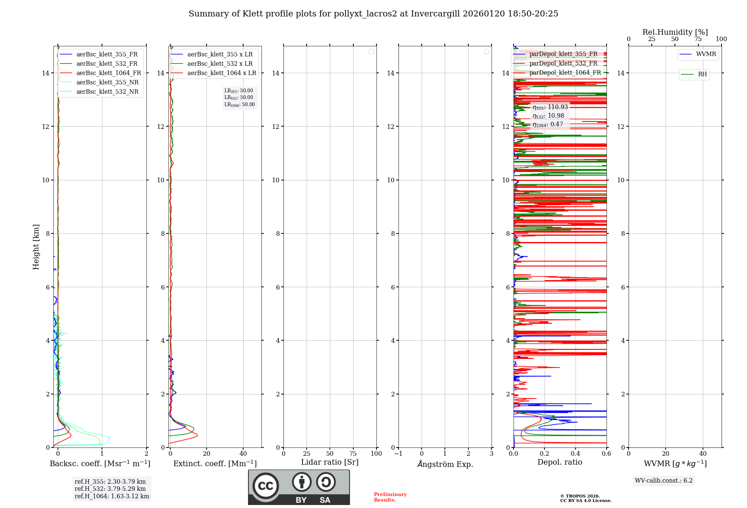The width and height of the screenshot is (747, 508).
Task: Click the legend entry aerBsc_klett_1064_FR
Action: tap(109, 73)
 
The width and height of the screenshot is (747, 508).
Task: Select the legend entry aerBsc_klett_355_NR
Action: tap(107, 83)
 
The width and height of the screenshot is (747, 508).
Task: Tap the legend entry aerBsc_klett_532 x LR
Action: tap(220, 64)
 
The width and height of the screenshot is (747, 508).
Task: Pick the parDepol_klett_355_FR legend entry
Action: tap(563, 54)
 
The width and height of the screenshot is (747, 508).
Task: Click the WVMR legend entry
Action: tap(706, 54)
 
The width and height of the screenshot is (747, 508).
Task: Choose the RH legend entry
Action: tap(702, 74)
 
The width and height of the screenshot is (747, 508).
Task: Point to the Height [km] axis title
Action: tap(36, 247)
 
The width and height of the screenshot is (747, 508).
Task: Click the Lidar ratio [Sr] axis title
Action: tap(330, 462)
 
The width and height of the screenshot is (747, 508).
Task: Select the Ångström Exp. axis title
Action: tap(445, 464)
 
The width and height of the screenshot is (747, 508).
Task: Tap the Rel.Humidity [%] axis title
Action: tap(675, 32)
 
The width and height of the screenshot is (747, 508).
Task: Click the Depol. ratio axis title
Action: tap(560, 462)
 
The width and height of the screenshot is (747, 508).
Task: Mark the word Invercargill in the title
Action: tap(435, 14)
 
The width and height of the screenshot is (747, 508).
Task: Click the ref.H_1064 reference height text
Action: tap(112, 496)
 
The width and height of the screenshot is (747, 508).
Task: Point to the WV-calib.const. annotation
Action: tap(664, 480)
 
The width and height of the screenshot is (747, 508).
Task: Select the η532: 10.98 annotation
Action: tap(548, 116)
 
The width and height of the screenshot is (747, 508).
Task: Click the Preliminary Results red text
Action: tap(390, 497)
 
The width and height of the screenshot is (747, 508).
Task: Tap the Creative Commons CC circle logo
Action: tap(266, 486)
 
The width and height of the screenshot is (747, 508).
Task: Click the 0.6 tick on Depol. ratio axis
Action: tap(606, 454)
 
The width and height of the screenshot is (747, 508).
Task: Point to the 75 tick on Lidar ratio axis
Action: tap(353, 454)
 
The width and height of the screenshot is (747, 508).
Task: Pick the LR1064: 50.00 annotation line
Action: tap(239, 105)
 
